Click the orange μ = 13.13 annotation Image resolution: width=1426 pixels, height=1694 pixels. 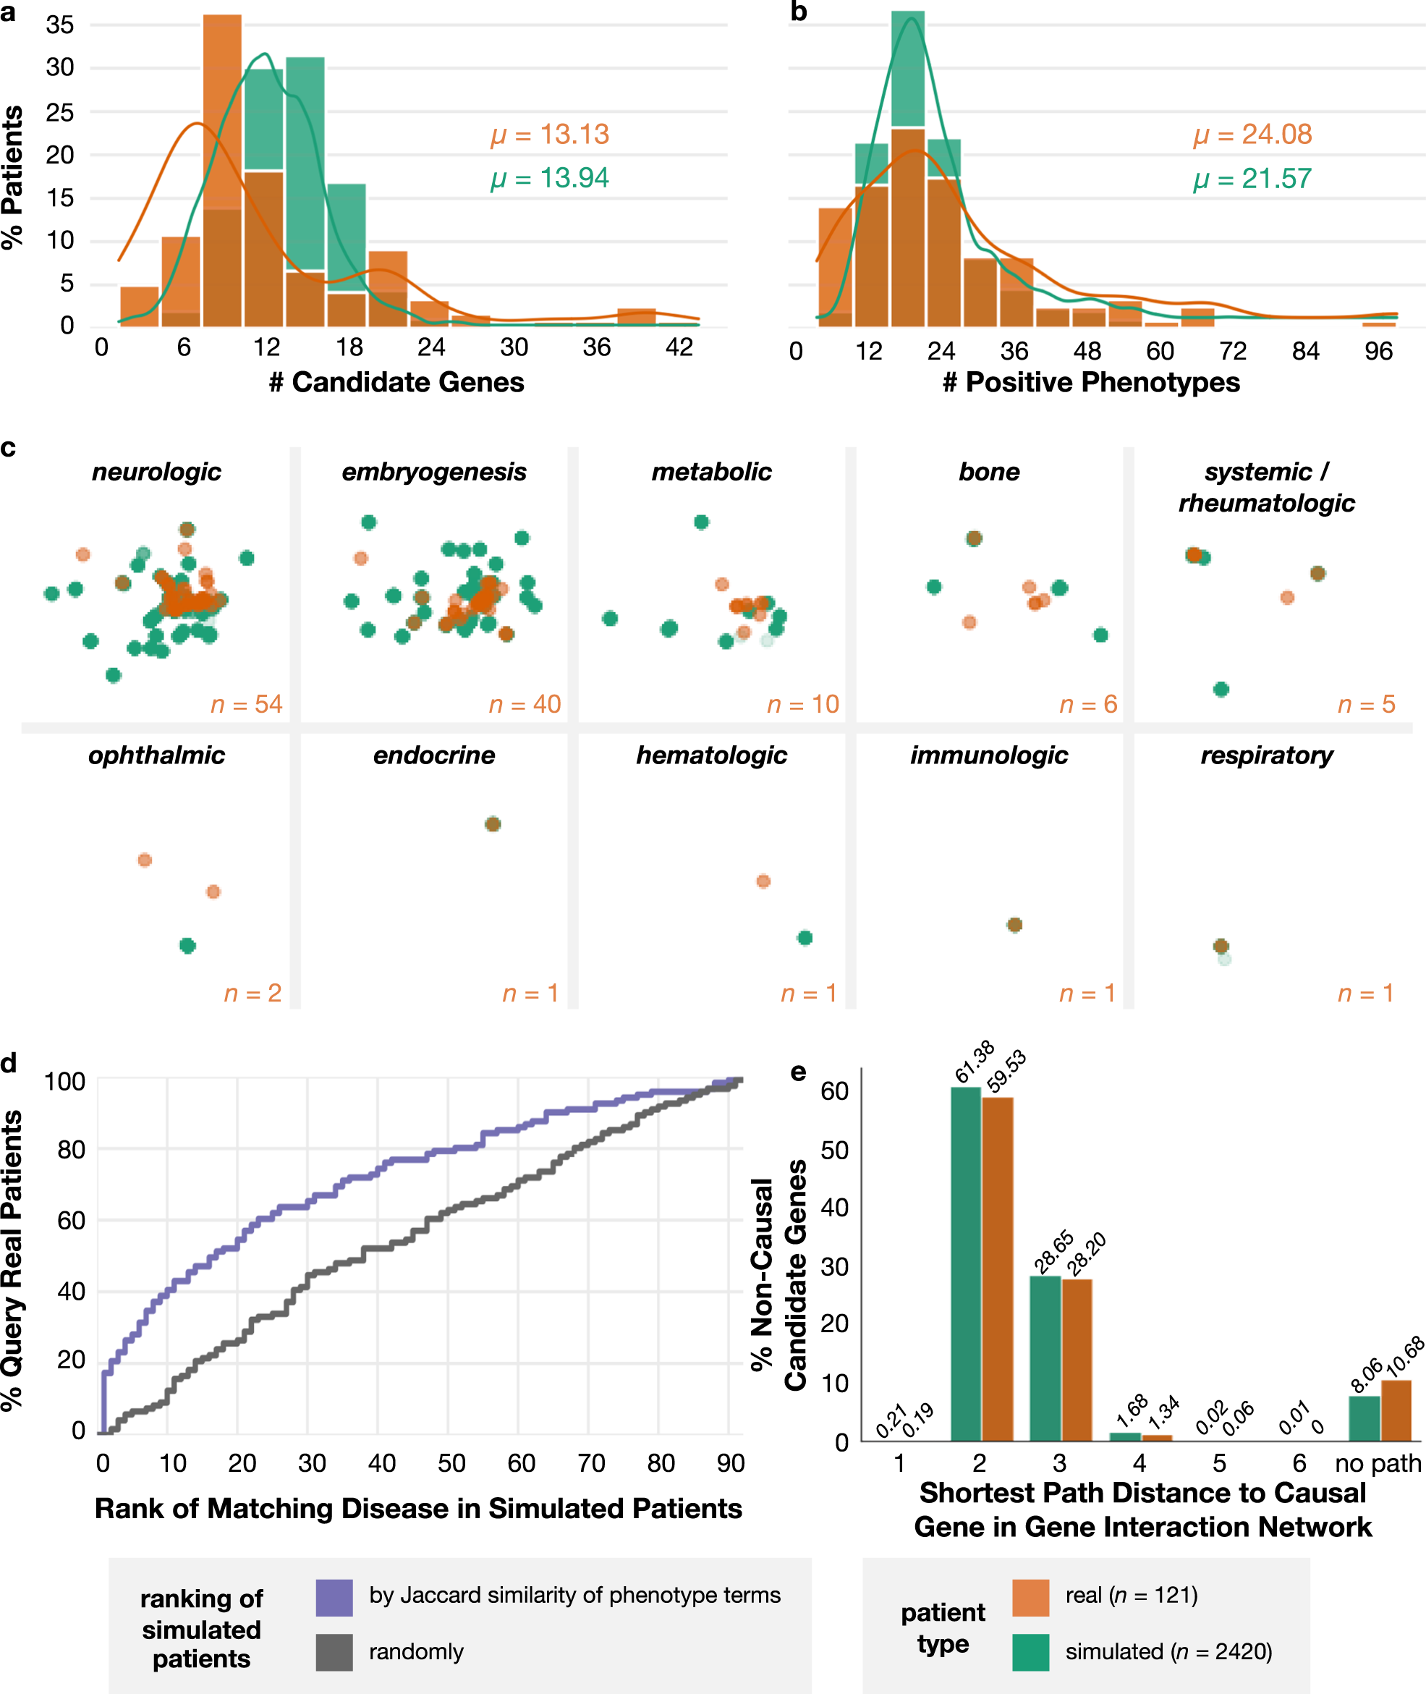[550, 134]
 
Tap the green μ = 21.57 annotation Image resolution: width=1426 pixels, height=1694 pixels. [1252, 179]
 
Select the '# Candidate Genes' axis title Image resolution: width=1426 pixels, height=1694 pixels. [396, 383]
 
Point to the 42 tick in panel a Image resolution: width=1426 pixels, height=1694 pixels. [679, 347]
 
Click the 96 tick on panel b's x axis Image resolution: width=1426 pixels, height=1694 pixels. [1378, 351]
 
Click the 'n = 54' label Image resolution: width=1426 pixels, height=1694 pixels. [247, 704]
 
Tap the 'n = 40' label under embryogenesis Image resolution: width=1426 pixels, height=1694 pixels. [525, 704]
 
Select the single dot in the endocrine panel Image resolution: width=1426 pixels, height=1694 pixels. [492, 824]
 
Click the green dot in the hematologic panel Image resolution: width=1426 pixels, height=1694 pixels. [805, 938]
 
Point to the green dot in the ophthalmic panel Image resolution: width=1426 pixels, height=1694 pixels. [187, 945]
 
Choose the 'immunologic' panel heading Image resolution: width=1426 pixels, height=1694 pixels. [989, 755]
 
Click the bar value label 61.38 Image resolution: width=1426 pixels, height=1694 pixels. [974, 1062]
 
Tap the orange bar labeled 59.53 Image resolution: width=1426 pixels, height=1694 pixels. [998, 1269]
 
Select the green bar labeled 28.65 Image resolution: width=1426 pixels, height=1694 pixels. [1045, 1358]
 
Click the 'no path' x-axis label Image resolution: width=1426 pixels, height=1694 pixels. [1378, 1464]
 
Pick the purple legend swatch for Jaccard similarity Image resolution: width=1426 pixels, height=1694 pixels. [334, 1597]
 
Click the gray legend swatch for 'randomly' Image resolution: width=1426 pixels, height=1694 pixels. [334, 1652]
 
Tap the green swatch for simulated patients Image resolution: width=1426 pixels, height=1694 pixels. [1031, 1652]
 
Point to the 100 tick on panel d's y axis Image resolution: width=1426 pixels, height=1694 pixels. [64, 1082]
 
